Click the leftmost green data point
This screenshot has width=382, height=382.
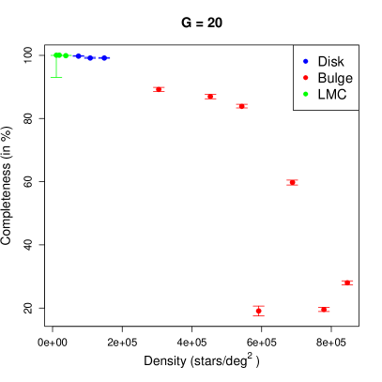click(57, 55)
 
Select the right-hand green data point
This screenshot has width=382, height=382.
click(66, 55)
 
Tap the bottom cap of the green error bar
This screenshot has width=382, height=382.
click(56, 77)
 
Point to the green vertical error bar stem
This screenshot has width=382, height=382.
click(56, 67)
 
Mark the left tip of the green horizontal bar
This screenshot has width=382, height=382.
click(51, 55)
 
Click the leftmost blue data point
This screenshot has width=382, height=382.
click(78, 56)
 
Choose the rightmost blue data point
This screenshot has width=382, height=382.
click(106, 57)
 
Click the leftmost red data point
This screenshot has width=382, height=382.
click(159, 89)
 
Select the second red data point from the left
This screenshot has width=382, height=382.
click(210, 97)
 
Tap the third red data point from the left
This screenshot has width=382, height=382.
click(241, 106)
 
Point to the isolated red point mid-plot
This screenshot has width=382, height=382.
click(292, 182)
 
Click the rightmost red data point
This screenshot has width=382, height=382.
click(347, 282)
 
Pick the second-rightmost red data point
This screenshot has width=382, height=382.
click(324, 310)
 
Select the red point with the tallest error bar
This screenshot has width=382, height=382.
click(258, 311)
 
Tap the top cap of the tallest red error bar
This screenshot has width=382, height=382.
click(258, 306)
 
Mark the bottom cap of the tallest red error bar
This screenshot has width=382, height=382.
click(258, 315)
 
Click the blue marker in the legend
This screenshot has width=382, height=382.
click(305, 61)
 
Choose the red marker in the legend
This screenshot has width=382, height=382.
click(305, 78)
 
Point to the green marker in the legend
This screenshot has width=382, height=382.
click(305, 94)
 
